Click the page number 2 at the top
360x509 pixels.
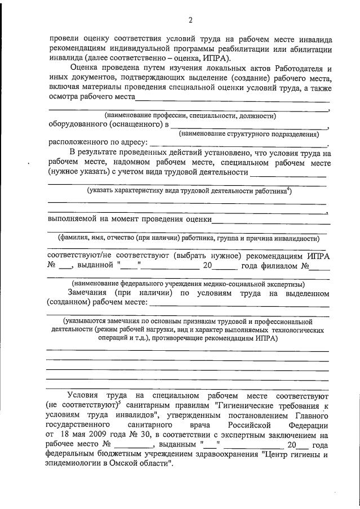(190, 20)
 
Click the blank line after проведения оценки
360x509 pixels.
(272, 220)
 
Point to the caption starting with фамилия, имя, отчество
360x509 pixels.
(186, 238)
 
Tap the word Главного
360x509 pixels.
(311, 415)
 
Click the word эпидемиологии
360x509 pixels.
(72, 463)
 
